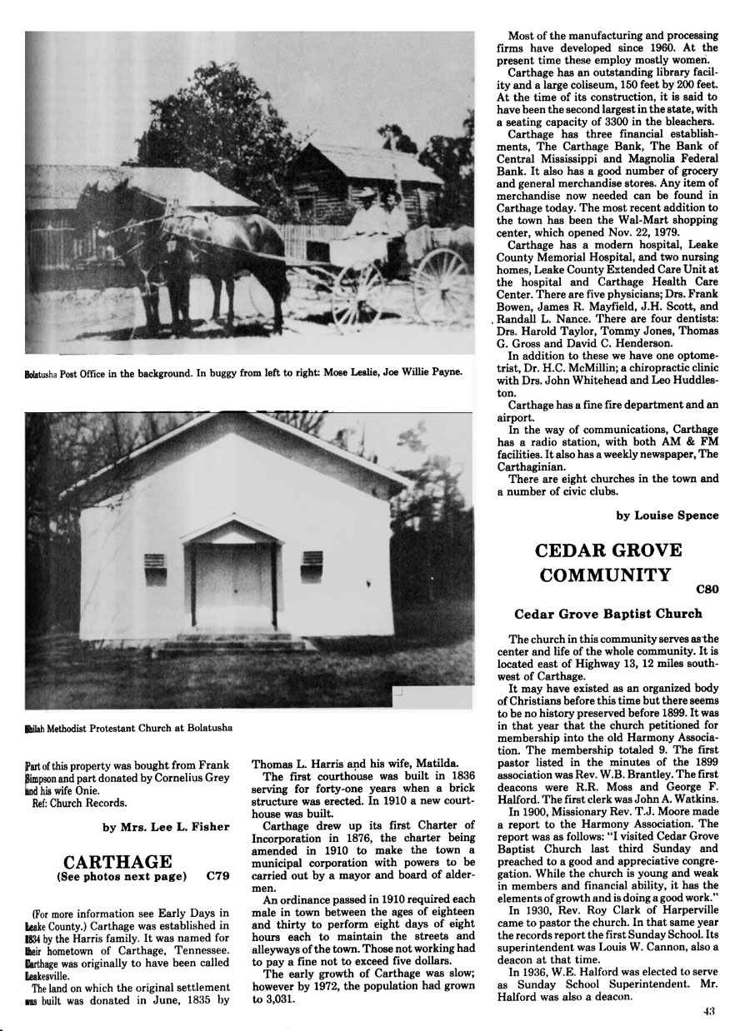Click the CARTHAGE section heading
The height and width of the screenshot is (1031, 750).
(117, 861)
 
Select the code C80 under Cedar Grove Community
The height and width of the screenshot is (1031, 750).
(706, 590)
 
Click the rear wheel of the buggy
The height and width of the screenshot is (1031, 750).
(440, 286)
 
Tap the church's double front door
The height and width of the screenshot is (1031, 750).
(232, 585)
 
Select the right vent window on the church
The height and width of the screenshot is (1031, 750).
(312, 565)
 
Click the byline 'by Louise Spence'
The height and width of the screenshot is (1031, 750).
(667, 515)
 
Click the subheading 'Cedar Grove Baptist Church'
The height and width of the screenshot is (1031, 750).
(607, 614)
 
